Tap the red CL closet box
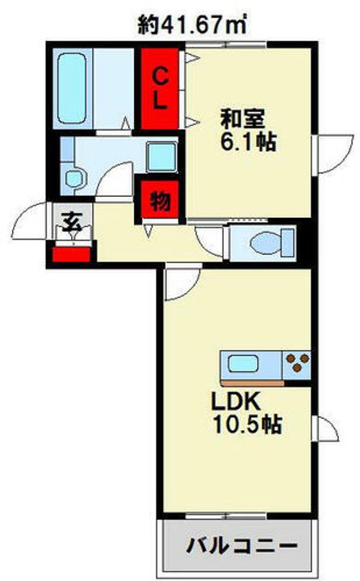tap(161, 89)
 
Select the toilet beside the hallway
tap(263, 240)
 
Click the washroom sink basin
tap(75, 178)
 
